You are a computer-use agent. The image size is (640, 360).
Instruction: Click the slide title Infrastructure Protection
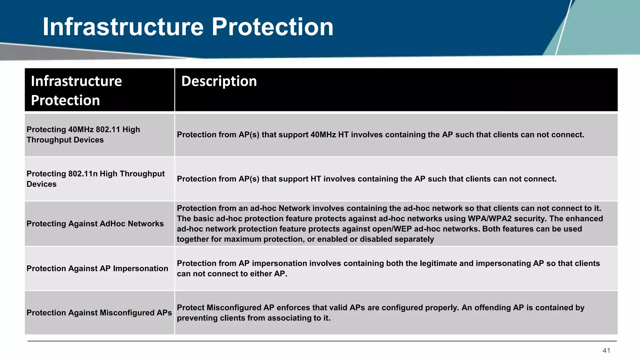pyautogui.click(x=188, y=27)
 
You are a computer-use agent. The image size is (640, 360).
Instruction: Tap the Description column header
pyautogui.click(x=219, y=81)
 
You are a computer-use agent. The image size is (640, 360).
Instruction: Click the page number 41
pyautogui.click(x=606, y=351)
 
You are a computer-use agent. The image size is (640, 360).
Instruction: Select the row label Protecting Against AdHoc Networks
pyautogui.click(x=95, y=224)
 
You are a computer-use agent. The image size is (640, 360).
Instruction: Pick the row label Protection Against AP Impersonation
pyautogui.click(x=97, y=268)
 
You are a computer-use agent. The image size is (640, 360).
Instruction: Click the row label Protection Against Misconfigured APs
pyautogui.click(x=99, y=313)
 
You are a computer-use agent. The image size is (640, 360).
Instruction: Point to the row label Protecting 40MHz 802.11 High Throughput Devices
pyautogui.click(x=83, y=135)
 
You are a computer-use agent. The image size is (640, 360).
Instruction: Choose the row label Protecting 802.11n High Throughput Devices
pyautogui.click(x=95, y=179)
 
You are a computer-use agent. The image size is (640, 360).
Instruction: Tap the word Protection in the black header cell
pyautogui.click(x=65, y=101)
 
